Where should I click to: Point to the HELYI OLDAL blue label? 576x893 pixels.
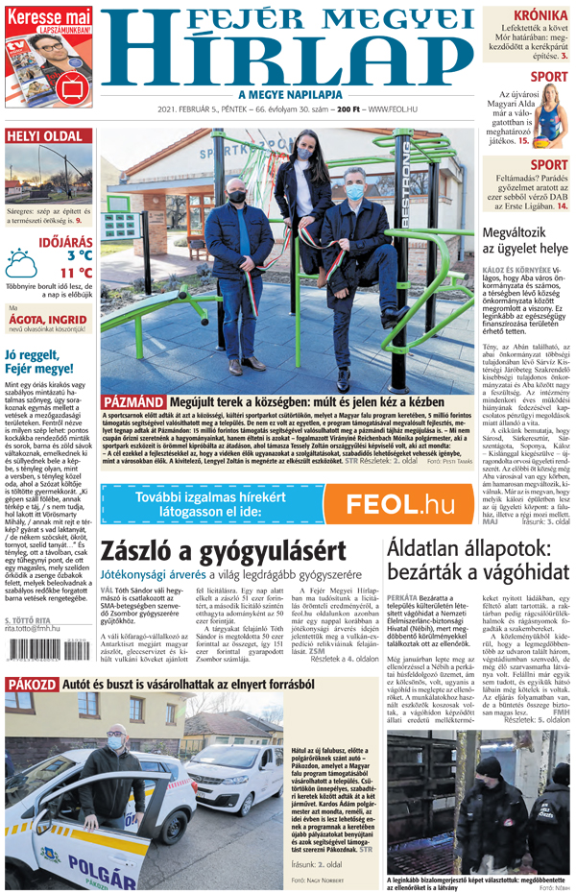[45, 135]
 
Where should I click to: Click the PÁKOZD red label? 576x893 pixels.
[32, 685]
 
